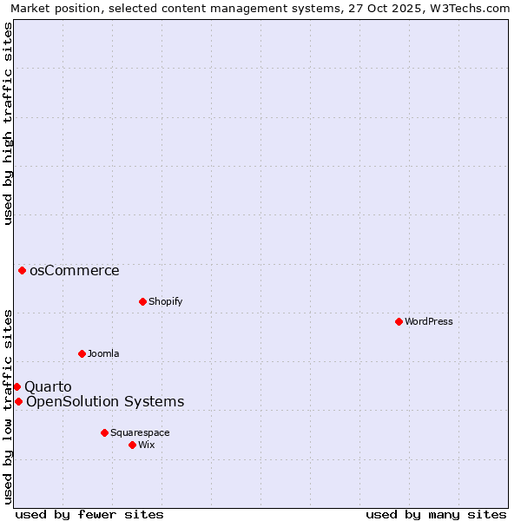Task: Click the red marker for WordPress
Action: [399, 321]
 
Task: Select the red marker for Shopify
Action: [142, 301]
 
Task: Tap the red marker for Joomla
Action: [82, 353]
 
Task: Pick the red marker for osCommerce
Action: [22, 270]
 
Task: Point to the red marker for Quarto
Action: [16, 386]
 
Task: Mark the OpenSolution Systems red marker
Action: [18, 401]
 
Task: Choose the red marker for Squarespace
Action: [104, 432]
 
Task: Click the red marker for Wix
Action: [132, 445]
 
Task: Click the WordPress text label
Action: [429, 321]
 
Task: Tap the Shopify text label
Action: [165, 301]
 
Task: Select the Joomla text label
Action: [103, 353]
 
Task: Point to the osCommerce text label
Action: [75, 270]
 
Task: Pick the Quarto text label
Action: [48, 386]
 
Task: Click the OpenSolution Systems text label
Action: [105, 401]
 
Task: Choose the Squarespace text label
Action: [140, 432]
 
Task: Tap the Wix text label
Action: [147, 445]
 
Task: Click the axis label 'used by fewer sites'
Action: [89, 514]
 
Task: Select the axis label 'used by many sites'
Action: [436, 514]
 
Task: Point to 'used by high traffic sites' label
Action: [8, 123]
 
